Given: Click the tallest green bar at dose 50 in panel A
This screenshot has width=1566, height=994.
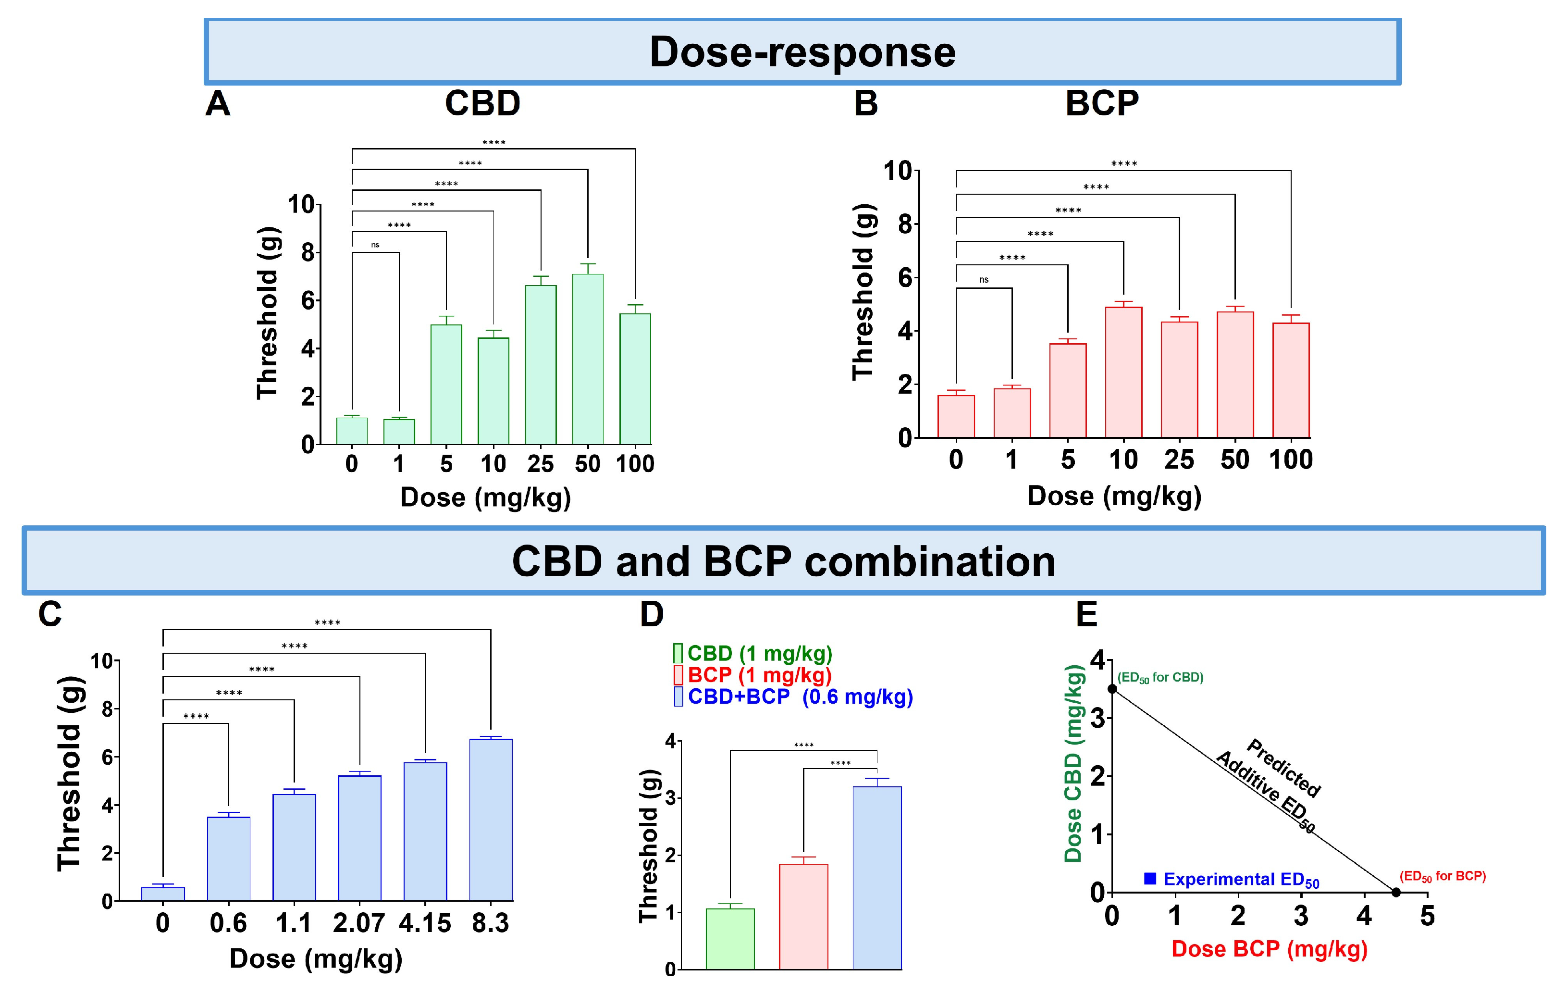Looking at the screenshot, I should coord(587,359).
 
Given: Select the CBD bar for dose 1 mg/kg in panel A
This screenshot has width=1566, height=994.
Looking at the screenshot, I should coord(399,432).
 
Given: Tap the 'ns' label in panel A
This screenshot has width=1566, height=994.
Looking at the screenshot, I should coord(375,245).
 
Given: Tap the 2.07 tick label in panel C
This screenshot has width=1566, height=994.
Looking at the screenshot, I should coord(358,923).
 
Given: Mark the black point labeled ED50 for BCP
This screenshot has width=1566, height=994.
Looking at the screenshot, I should coord(1395,892).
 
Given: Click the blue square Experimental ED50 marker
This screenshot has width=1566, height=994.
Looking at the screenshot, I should coord(1150,879).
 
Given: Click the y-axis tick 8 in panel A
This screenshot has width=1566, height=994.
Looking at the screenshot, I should coord(308,252).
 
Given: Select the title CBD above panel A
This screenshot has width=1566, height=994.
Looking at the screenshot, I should coord(482,103).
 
